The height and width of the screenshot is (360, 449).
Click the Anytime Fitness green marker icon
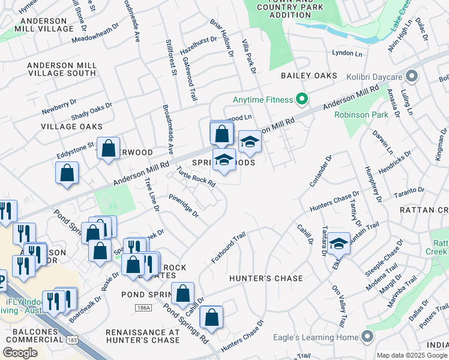[x=302, y=100]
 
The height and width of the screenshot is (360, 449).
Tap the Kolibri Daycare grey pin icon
[x=412, y=77]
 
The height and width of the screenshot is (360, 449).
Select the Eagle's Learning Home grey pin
[x=366, y=337]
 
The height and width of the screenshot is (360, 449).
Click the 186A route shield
[x=143, y=307]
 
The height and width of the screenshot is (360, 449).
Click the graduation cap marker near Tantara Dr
[x=339, y=243]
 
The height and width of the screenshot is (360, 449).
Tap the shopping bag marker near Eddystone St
[x=108, y=149]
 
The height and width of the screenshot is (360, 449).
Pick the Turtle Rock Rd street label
[x=196, y=177]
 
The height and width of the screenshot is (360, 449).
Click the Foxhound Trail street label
[x=229, y=248]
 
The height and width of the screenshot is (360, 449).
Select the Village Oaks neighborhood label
[x=71, y=127]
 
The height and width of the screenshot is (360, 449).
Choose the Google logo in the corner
[x=20, y=353]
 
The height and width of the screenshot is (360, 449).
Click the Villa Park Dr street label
[x=249, y=58]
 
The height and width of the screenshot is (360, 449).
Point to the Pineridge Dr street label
[x=183, y=205]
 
